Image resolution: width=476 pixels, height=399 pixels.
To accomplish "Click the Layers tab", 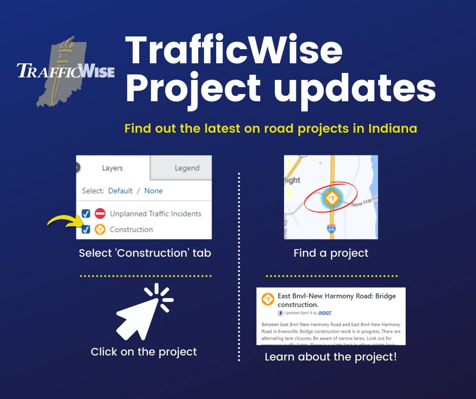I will pyautogui.click(x=112, y=168).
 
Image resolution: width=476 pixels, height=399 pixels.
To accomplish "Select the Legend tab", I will pyautogui.click(x=187, y=168).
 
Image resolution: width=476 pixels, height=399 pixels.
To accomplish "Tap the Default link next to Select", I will pyautogui.click(x=120, y=191).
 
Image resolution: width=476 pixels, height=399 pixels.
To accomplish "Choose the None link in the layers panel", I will pyautogui.click(x=153, y=191).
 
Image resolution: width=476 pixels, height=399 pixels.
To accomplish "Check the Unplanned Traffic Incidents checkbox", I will pyautogui.click(x=86, y=214).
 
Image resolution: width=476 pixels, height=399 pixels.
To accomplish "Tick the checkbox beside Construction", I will pyautogui.click(x=86, y=229).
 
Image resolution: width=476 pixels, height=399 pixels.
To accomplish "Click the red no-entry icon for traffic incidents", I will pyautogui.click(x=100, y=214).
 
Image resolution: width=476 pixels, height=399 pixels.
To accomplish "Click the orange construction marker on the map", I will pyautogui.click(x=332, y=197).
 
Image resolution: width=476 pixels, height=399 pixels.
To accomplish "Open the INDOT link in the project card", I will pyautogui.click(x=325, y=313).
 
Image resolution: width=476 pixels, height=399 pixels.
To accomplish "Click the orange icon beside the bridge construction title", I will pyautogui.click(x=268, y=299).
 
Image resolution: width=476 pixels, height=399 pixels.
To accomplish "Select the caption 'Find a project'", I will pyautogui.click(x=331, y=253).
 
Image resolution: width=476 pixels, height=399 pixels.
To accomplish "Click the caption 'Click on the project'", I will pyautogui.click(x=144, y=351).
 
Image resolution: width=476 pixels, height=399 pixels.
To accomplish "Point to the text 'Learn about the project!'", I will pyautogui.click(x=331, y=357).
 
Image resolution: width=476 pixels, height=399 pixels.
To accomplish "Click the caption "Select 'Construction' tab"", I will pyautogui.click(x=145, y=253).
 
